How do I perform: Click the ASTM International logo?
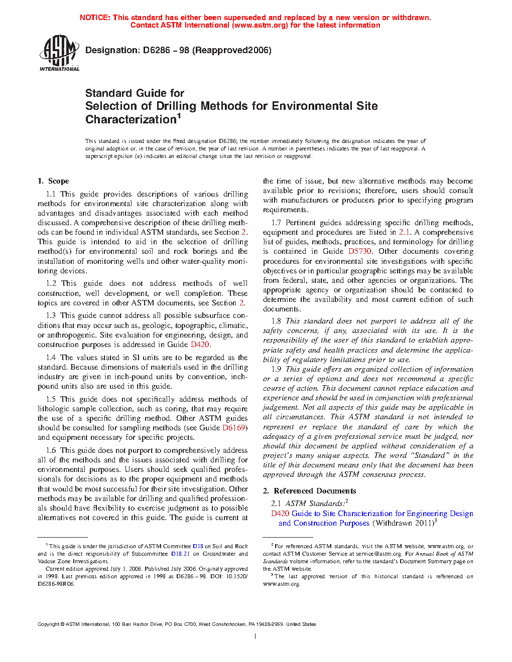click(59, 53)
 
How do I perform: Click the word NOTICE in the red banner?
click(95, 18)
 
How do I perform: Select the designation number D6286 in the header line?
click(156, 50)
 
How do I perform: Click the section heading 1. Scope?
click(53, 181)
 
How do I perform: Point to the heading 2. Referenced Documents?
click(309, 491)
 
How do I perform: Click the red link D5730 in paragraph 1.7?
click(360, 251)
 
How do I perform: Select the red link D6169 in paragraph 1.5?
click(234, 428)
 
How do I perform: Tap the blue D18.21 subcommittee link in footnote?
click(180, 554)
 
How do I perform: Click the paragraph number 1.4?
click(51, 358)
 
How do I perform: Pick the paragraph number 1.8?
click(276, 321)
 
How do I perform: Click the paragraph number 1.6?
click(51, 450)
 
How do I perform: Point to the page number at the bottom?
click(255, 636)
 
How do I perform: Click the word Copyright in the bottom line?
click(49, 624)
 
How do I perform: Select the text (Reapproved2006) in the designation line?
click(232, 50)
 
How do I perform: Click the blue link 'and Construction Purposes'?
click(324, 523)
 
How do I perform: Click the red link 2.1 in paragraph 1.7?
click(404, 232)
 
